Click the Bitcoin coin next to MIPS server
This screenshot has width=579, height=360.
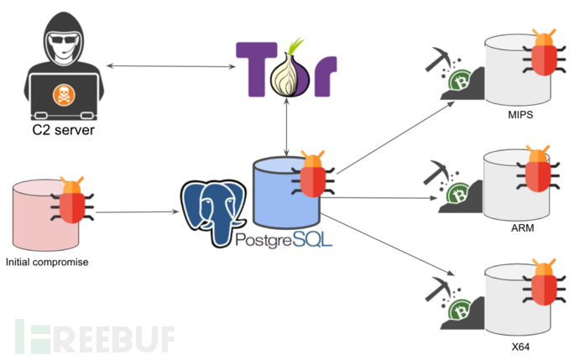pyautogui.click(x=459, y=82)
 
